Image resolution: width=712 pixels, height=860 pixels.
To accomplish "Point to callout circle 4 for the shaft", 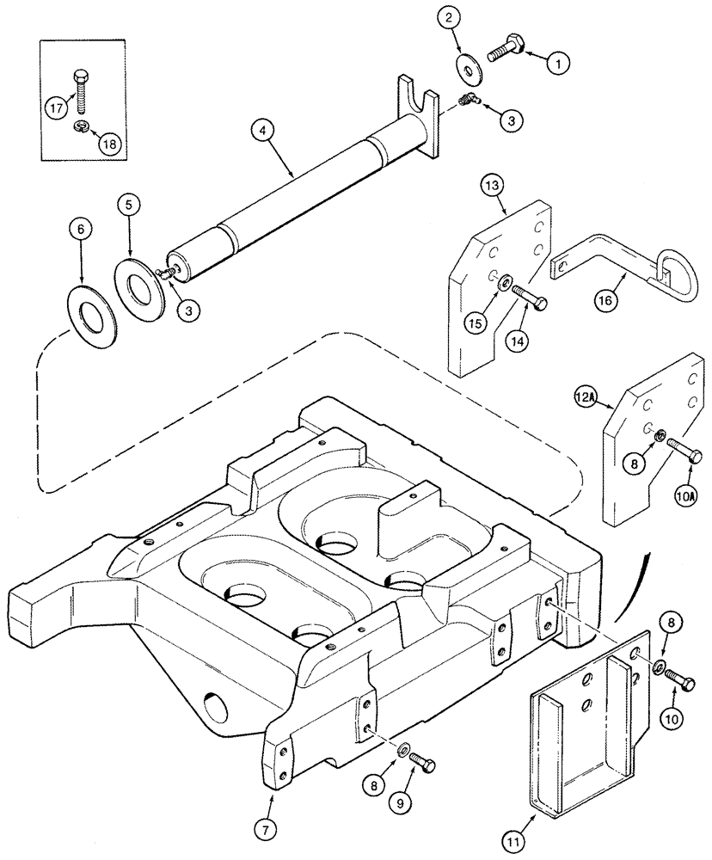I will [264, 132].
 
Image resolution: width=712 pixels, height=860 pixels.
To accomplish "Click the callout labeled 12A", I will [586, 396].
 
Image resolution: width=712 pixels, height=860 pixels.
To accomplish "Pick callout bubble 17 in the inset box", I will [57, 108].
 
